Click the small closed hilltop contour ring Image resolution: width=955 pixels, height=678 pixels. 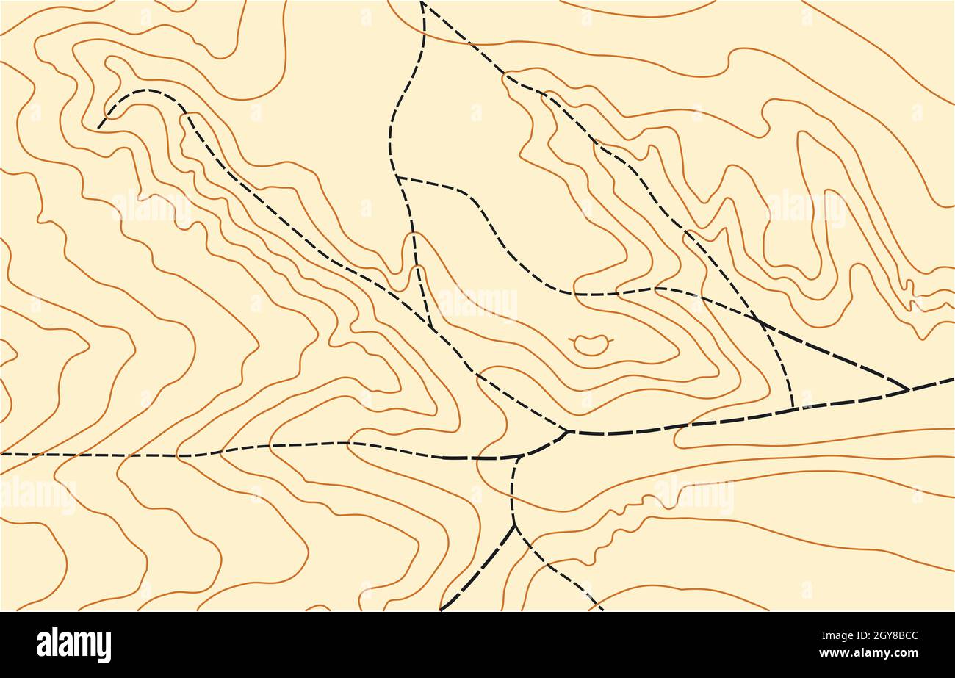click(591, 344)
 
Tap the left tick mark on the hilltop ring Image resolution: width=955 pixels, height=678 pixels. click(572, 339)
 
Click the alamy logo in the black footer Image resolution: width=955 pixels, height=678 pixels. click(73, 645)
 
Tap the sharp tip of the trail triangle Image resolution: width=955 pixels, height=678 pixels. click(909, 389)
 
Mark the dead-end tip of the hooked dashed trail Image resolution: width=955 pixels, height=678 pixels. click(98, 129)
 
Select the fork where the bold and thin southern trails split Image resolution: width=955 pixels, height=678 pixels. click(514, 524)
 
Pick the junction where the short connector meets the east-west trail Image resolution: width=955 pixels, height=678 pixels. click(520, 457)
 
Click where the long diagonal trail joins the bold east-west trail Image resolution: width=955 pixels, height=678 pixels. click(568, 431)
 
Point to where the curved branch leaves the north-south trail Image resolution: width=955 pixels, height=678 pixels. click(397, 177)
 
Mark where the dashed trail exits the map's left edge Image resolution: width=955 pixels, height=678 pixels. click(2, 454)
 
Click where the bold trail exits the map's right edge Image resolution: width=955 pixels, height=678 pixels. click(952, 380)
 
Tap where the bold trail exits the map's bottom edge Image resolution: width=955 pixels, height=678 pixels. click(442, 609)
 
